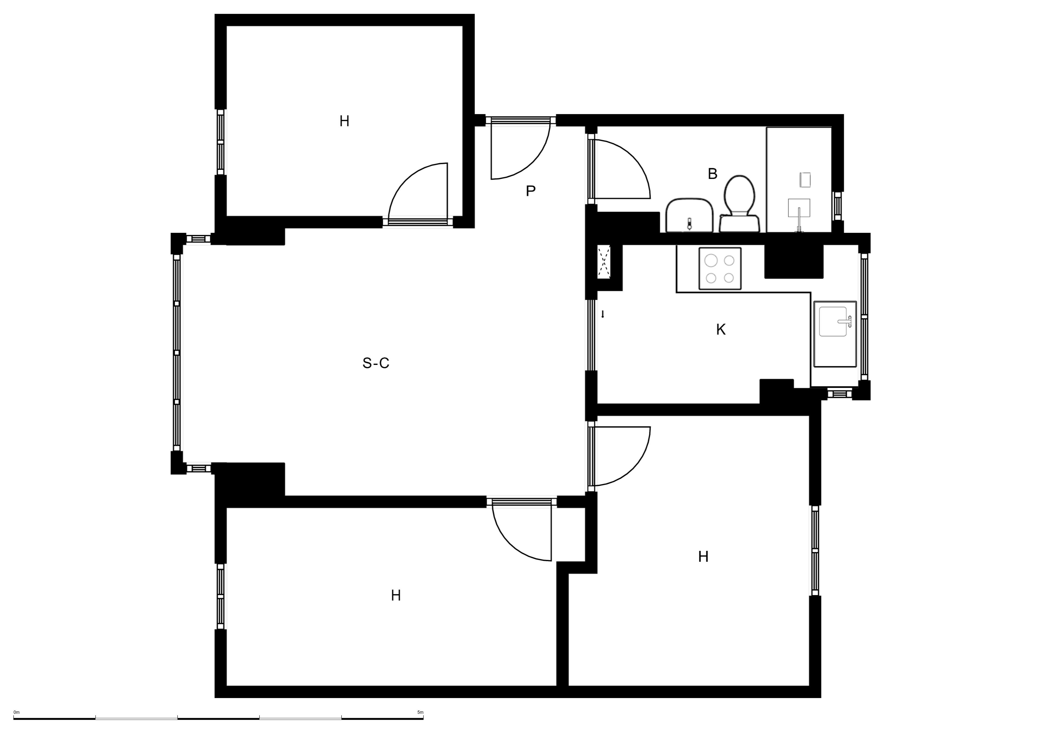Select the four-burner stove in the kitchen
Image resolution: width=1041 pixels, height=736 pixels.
click(720, 268)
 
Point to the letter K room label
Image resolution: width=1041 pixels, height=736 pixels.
click(721, 330)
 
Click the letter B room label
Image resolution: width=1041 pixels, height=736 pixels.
click(713, 174)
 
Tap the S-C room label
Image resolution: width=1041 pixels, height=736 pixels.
click(376, 363)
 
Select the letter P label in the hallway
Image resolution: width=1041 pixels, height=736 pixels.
click(531, 191)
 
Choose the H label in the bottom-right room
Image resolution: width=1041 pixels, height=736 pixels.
click(703, 557)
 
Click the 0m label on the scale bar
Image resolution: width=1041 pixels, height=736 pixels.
click(17, 712)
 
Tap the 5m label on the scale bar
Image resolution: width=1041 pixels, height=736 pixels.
click(420, 712)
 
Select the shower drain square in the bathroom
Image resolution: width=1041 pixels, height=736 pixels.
click(805, 180)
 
